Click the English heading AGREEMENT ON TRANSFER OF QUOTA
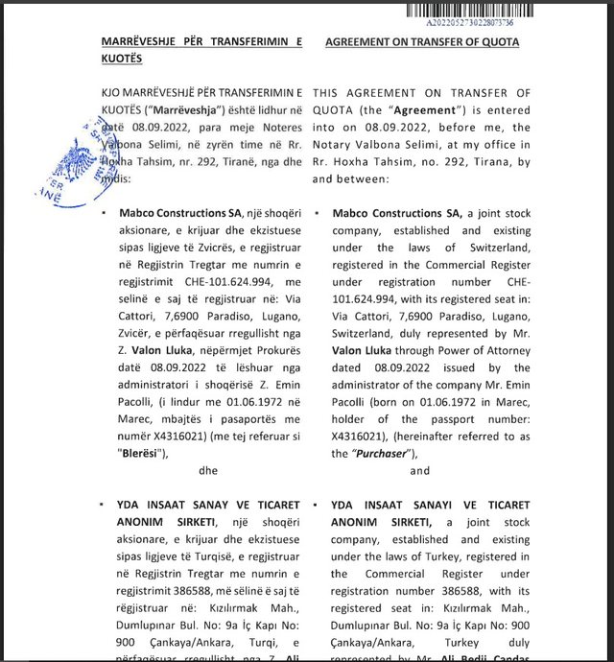coord(422,42)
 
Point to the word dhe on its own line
coord(208,471)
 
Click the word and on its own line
coord(419,471)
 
